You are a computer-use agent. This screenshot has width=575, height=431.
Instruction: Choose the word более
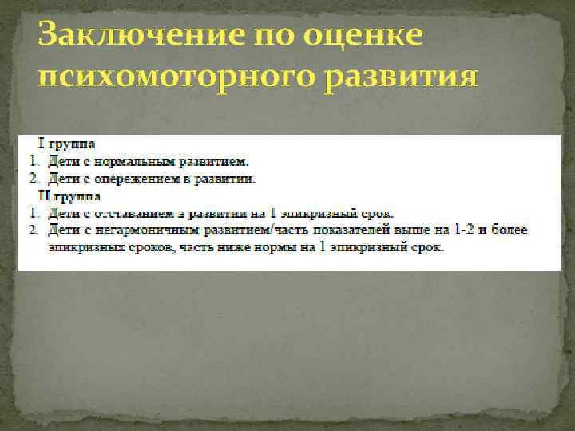(x=512, y=230)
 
